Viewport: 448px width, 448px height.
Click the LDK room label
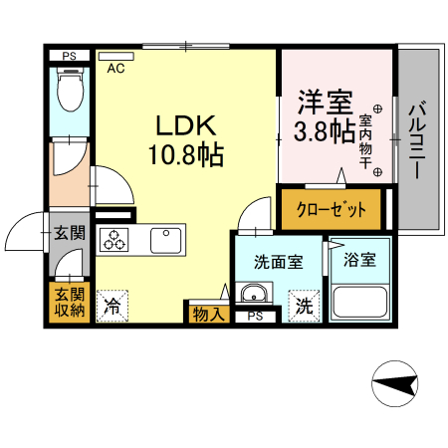pos(186,125)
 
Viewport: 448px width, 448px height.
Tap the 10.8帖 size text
pos(186,156)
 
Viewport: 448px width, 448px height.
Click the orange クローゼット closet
pos(332,210)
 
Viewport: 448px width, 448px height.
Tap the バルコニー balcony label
pos(419,139)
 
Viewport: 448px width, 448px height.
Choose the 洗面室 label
pos(278,263)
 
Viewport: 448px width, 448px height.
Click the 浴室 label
pos(358,261)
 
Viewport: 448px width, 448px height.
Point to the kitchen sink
pos(166,240)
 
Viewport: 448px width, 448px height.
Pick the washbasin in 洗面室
pos(254,296)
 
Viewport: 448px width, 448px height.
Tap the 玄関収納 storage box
pos(69,302)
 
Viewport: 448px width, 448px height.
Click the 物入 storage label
pos(207,314)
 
